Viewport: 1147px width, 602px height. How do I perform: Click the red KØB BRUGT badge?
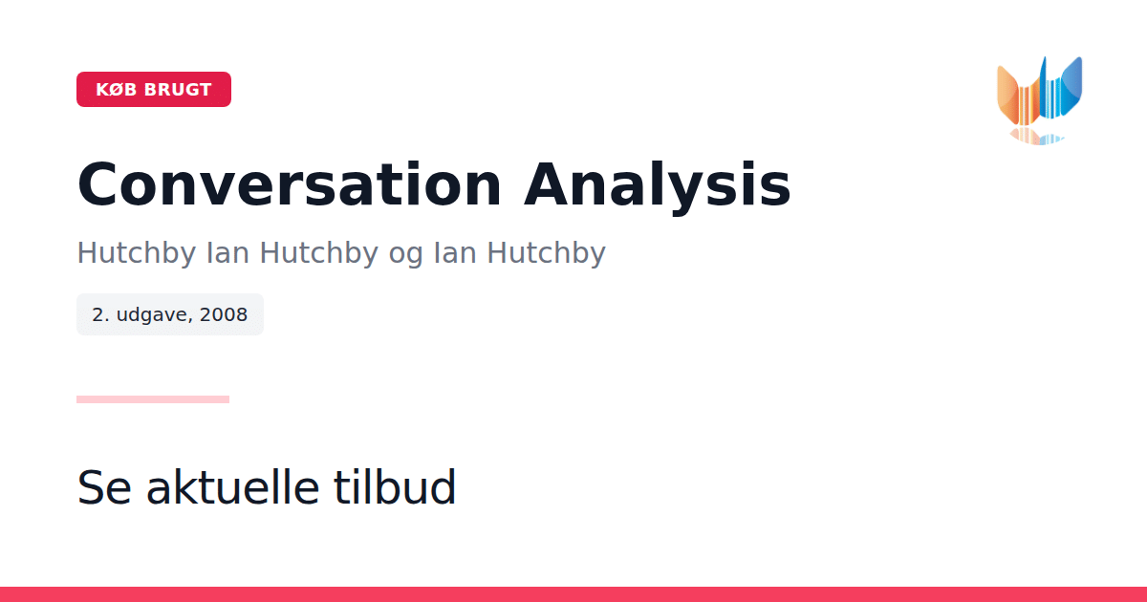click(x=154, y=89)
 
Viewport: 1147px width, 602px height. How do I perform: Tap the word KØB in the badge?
click(x=117, y=90)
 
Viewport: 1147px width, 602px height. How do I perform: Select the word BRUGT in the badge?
click(x=178, y=90)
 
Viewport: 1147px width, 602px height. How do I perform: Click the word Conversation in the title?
click(x=290, y=184)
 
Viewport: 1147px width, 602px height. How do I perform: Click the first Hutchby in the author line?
click(x=136, y=253)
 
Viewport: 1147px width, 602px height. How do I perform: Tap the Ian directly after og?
click(x=455, y=253)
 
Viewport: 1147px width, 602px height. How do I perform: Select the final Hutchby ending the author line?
click(x=546, y=253)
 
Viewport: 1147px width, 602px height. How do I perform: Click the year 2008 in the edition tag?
click(x=224, y=314)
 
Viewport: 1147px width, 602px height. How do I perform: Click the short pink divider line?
click(x=153, y=399)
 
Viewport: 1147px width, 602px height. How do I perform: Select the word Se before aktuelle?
click(x=104, y=487)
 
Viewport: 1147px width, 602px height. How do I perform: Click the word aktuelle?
click(x=233, y=486)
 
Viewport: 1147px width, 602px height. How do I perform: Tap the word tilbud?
click(x=394, y=486)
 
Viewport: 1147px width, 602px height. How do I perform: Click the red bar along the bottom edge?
click(x=573, y=594)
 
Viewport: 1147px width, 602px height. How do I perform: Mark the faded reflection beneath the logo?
click(x=1036, y=137)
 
